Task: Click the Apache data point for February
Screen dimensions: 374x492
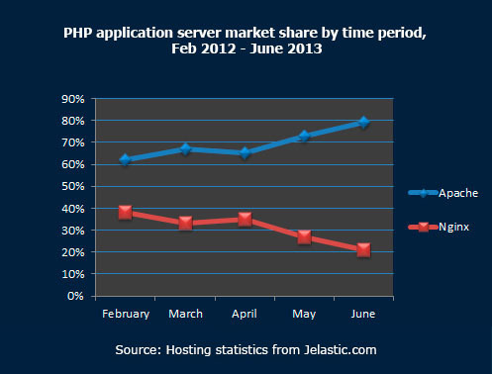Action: (126, 159)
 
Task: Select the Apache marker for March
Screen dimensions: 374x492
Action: (186, 148)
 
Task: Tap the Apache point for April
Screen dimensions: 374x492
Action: (246, 152)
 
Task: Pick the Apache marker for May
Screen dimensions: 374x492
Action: (305, 136)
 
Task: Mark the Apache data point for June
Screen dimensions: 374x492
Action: (364, 122)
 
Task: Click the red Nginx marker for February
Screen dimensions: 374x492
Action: (126, 212)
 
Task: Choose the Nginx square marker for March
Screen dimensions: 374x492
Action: (186, 224)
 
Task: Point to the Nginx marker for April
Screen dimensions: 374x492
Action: (246, 219)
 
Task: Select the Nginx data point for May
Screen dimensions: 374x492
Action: (305, 236)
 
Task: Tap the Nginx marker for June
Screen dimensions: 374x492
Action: (364, 249)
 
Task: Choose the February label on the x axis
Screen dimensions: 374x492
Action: (126, 314)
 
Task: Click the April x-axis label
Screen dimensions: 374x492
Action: (246, 314)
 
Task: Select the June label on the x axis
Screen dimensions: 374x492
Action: (364, 314)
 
